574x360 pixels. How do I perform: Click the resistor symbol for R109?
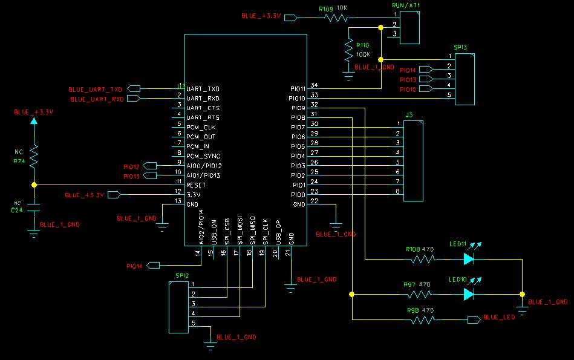coord(335,18)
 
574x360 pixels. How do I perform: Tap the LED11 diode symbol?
coord(469,259)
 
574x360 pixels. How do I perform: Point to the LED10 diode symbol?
coord(469,294)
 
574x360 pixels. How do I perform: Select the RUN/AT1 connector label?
coord(406,5)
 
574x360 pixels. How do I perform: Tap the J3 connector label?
coord(409,114)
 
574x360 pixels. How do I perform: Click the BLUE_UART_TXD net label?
coord(96,90)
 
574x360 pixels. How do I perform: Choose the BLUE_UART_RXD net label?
coord(97,99)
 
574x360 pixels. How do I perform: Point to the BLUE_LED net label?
coord(499,317)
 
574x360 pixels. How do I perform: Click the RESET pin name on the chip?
coord(196,185)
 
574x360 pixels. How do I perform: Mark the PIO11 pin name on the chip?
coord(298,89)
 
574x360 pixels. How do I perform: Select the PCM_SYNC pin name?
coord(203,156)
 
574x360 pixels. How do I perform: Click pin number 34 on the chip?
coord(314,85)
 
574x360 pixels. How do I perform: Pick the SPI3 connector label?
coord(460,46)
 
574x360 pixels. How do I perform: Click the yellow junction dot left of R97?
coord(351,295)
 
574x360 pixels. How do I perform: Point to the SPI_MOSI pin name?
coord(240,231)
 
